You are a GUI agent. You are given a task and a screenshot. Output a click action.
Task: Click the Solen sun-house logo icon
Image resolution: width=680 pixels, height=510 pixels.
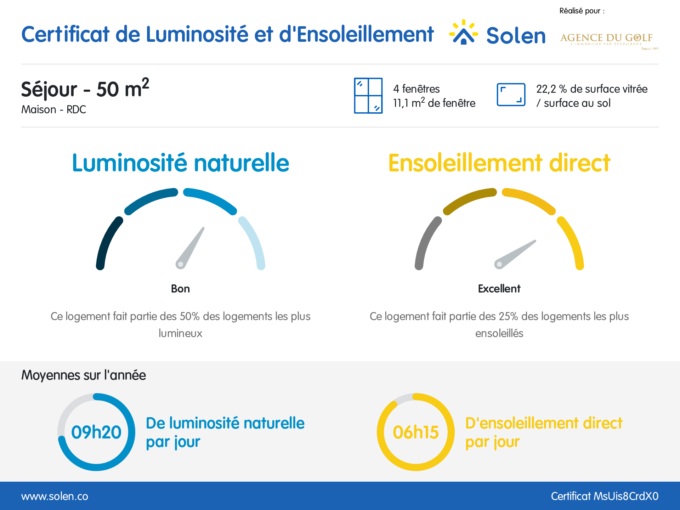coord(463,33)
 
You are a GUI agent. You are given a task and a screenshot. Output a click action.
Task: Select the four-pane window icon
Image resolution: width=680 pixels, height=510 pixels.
coord(368,96)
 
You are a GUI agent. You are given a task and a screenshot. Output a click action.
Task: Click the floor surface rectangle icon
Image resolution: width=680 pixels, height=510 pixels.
coord(511,95)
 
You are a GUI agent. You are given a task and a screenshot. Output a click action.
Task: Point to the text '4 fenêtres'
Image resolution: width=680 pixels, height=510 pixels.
coord(416,89)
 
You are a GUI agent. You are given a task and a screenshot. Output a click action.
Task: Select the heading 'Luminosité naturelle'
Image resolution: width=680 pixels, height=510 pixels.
coord(181,163)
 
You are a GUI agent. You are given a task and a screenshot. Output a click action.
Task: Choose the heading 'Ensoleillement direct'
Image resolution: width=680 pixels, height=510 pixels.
coord(499,163)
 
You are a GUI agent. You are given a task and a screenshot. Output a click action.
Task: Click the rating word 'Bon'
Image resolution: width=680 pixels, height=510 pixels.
coord(180,289)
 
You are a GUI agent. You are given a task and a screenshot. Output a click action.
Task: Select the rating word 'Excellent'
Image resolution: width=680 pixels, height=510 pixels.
coord(499,289)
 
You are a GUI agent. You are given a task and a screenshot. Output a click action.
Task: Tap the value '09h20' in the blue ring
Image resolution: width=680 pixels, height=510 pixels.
coord(96,432)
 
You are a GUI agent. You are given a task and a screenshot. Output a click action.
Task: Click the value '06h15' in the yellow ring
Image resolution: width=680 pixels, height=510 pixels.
coord(416,432)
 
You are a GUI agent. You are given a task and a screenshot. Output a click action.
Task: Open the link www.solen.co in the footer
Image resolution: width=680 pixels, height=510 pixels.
coord(55,496)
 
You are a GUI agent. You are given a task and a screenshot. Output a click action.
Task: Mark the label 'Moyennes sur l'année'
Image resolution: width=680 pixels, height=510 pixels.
coord(84,375)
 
